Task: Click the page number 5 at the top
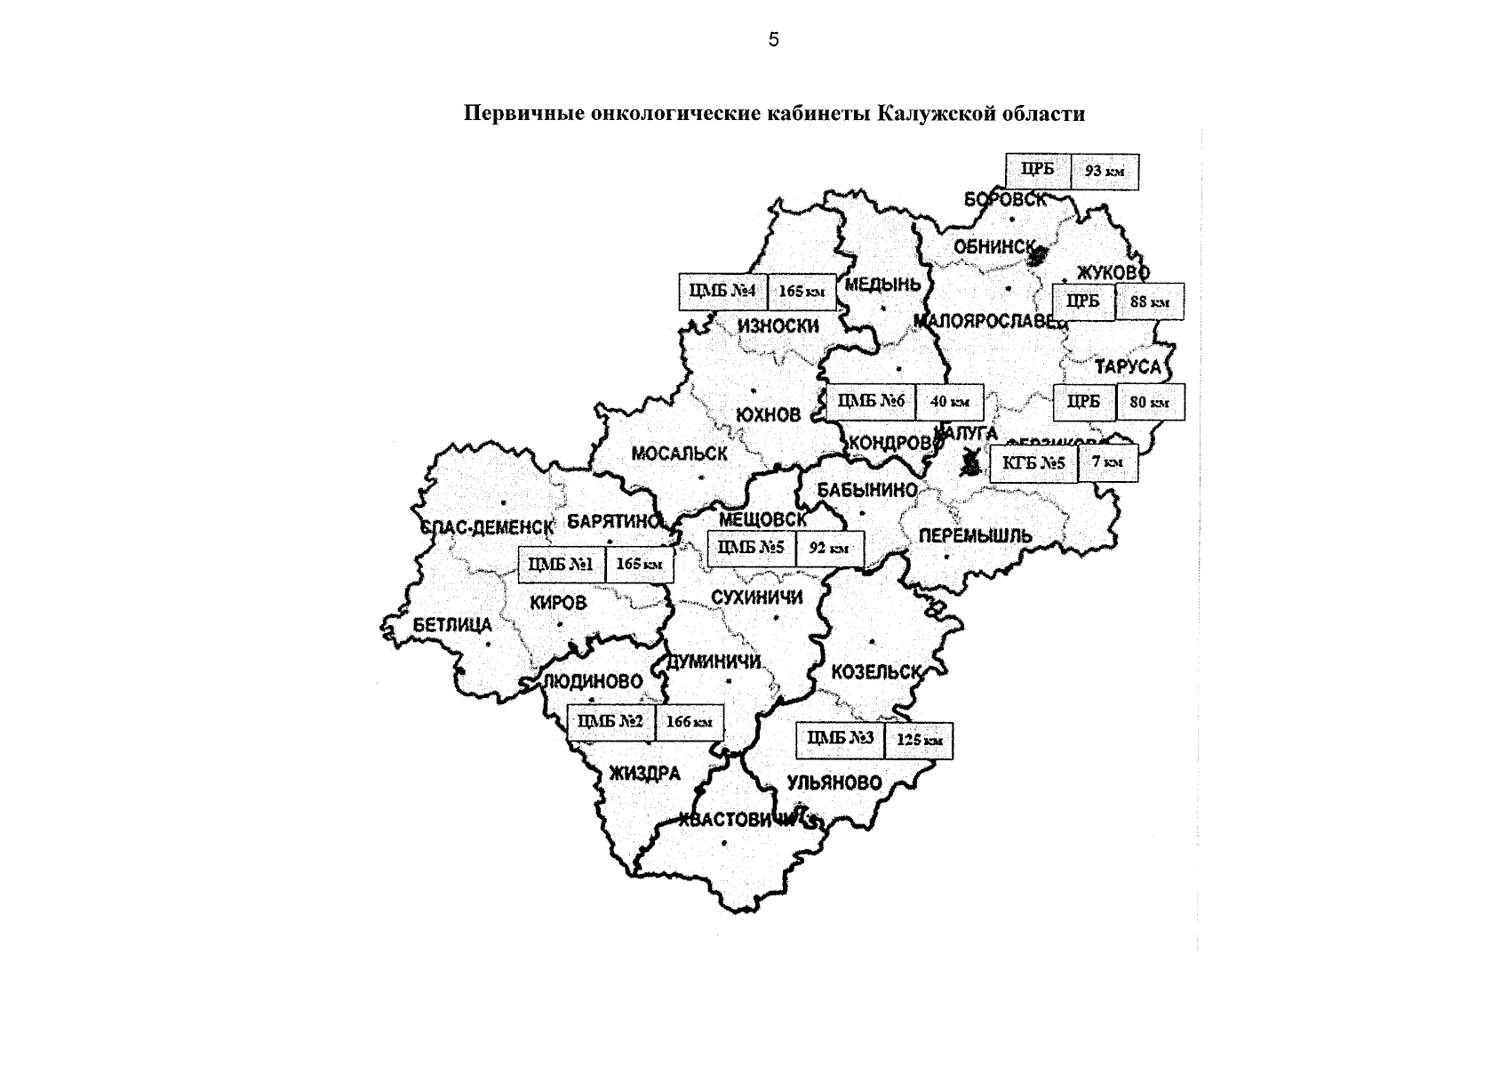coord(773,40)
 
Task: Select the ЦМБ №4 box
coord(722,292)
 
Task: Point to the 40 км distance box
coord(949,402)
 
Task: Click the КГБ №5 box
coord(1033,463)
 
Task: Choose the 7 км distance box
coord(1107,462)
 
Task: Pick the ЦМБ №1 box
coord(562,565)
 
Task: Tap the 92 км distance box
coord(830,550)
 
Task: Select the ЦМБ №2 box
coord(610,722)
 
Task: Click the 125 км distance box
coord(919,741)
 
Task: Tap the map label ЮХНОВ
coord(769,415)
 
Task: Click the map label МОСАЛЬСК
coord(679,454)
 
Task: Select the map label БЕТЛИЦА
coord(451,625)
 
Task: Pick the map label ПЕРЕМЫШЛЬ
coord(975,536)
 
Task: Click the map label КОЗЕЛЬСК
coord(876,673)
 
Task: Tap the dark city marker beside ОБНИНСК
coord(1037,257)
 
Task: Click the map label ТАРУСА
coord(1127,366)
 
